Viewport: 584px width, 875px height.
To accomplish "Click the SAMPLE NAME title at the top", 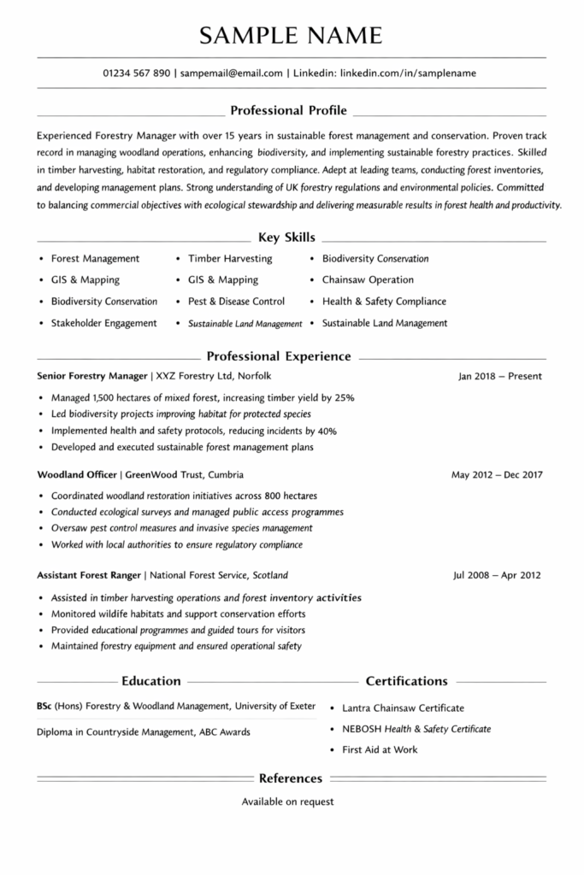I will [292, 34].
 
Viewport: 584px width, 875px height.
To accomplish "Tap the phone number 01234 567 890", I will [136, 73].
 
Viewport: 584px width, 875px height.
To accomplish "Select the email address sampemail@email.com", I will [231, 73].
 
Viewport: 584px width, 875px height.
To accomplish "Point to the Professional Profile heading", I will [289, 110].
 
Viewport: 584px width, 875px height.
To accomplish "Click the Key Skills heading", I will [286, 237].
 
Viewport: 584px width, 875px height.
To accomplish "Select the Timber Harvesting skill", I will [230, 259].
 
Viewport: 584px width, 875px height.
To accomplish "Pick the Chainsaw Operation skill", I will [368, 280].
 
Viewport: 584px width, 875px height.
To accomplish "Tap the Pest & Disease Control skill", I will [236, 302].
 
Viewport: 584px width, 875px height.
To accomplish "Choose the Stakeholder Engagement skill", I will [103, 323].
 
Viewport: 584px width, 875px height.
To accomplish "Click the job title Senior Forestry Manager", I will [92, 376].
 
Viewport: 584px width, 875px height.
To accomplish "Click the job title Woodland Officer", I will [77, 474].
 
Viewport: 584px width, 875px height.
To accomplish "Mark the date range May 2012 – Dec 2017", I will [497, 474].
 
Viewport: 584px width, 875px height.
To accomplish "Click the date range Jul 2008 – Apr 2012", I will [497, 575].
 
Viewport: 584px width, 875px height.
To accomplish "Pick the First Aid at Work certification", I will [380, 749].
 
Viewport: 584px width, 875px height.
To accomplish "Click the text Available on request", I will [287, 802].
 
